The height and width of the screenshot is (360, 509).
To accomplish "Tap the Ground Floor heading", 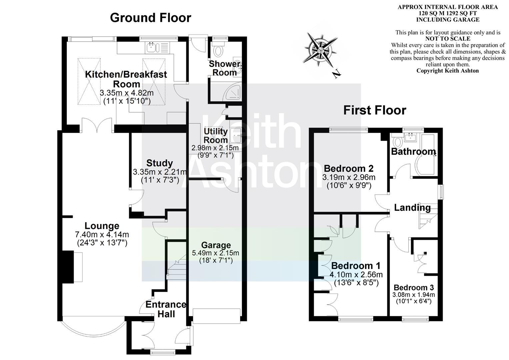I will [x=151, y=18].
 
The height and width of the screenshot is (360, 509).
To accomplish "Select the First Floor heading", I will [x=375, y=110].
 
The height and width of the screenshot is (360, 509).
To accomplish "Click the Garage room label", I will [x=216, y=245].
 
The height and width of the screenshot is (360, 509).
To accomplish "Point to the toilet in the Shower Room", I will [x=219, y=50].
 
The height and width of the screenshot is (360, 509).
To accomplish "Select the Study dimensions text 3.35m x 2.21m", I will [x=160, y=172].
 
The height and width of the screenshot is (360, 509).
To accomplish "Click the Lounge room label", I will [x=102, y=226].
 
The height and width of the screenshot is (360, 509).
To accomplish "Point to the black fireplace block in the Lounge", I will [x=69, y=267].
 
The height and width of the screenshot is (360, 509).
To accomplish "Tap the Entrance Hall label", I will [x=166, y=309].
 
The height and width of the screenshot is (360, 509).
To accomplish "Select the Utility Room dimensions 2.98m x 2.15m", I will [x=215, y=148].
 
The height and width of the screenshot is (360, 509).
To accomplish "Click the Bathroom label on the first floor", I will [x=413, y=152].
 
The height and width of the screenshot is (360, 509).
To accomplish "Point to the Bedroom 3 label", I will [x=413, y=287].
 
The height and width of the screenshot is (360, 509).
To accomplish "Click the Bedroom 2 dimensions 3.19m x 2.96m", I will [x=349, y=177].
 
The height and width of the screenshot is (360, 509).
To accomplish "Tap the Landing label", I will [x=412, y=208].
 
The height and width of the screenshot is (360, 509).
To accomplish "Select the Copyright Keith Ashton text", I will [x=447, y=71].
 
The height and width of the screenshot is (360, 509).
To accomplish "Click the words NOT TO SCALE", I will [x=447, y=39].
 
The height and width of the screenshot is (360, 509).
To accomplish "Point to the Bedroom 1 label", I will [x=356, y=266].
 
